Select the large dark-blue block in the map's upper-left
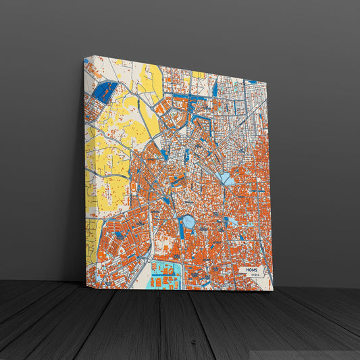coord(105,92)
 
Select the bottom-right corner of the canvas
coord(273,290)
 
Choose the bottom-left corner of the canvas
coord(85,285)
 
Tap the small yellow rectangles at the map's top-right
coord(198,74)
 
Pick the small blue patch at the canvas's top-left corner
coord(86,61)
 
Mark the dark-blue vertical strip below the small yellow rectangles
coord(215,88)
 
